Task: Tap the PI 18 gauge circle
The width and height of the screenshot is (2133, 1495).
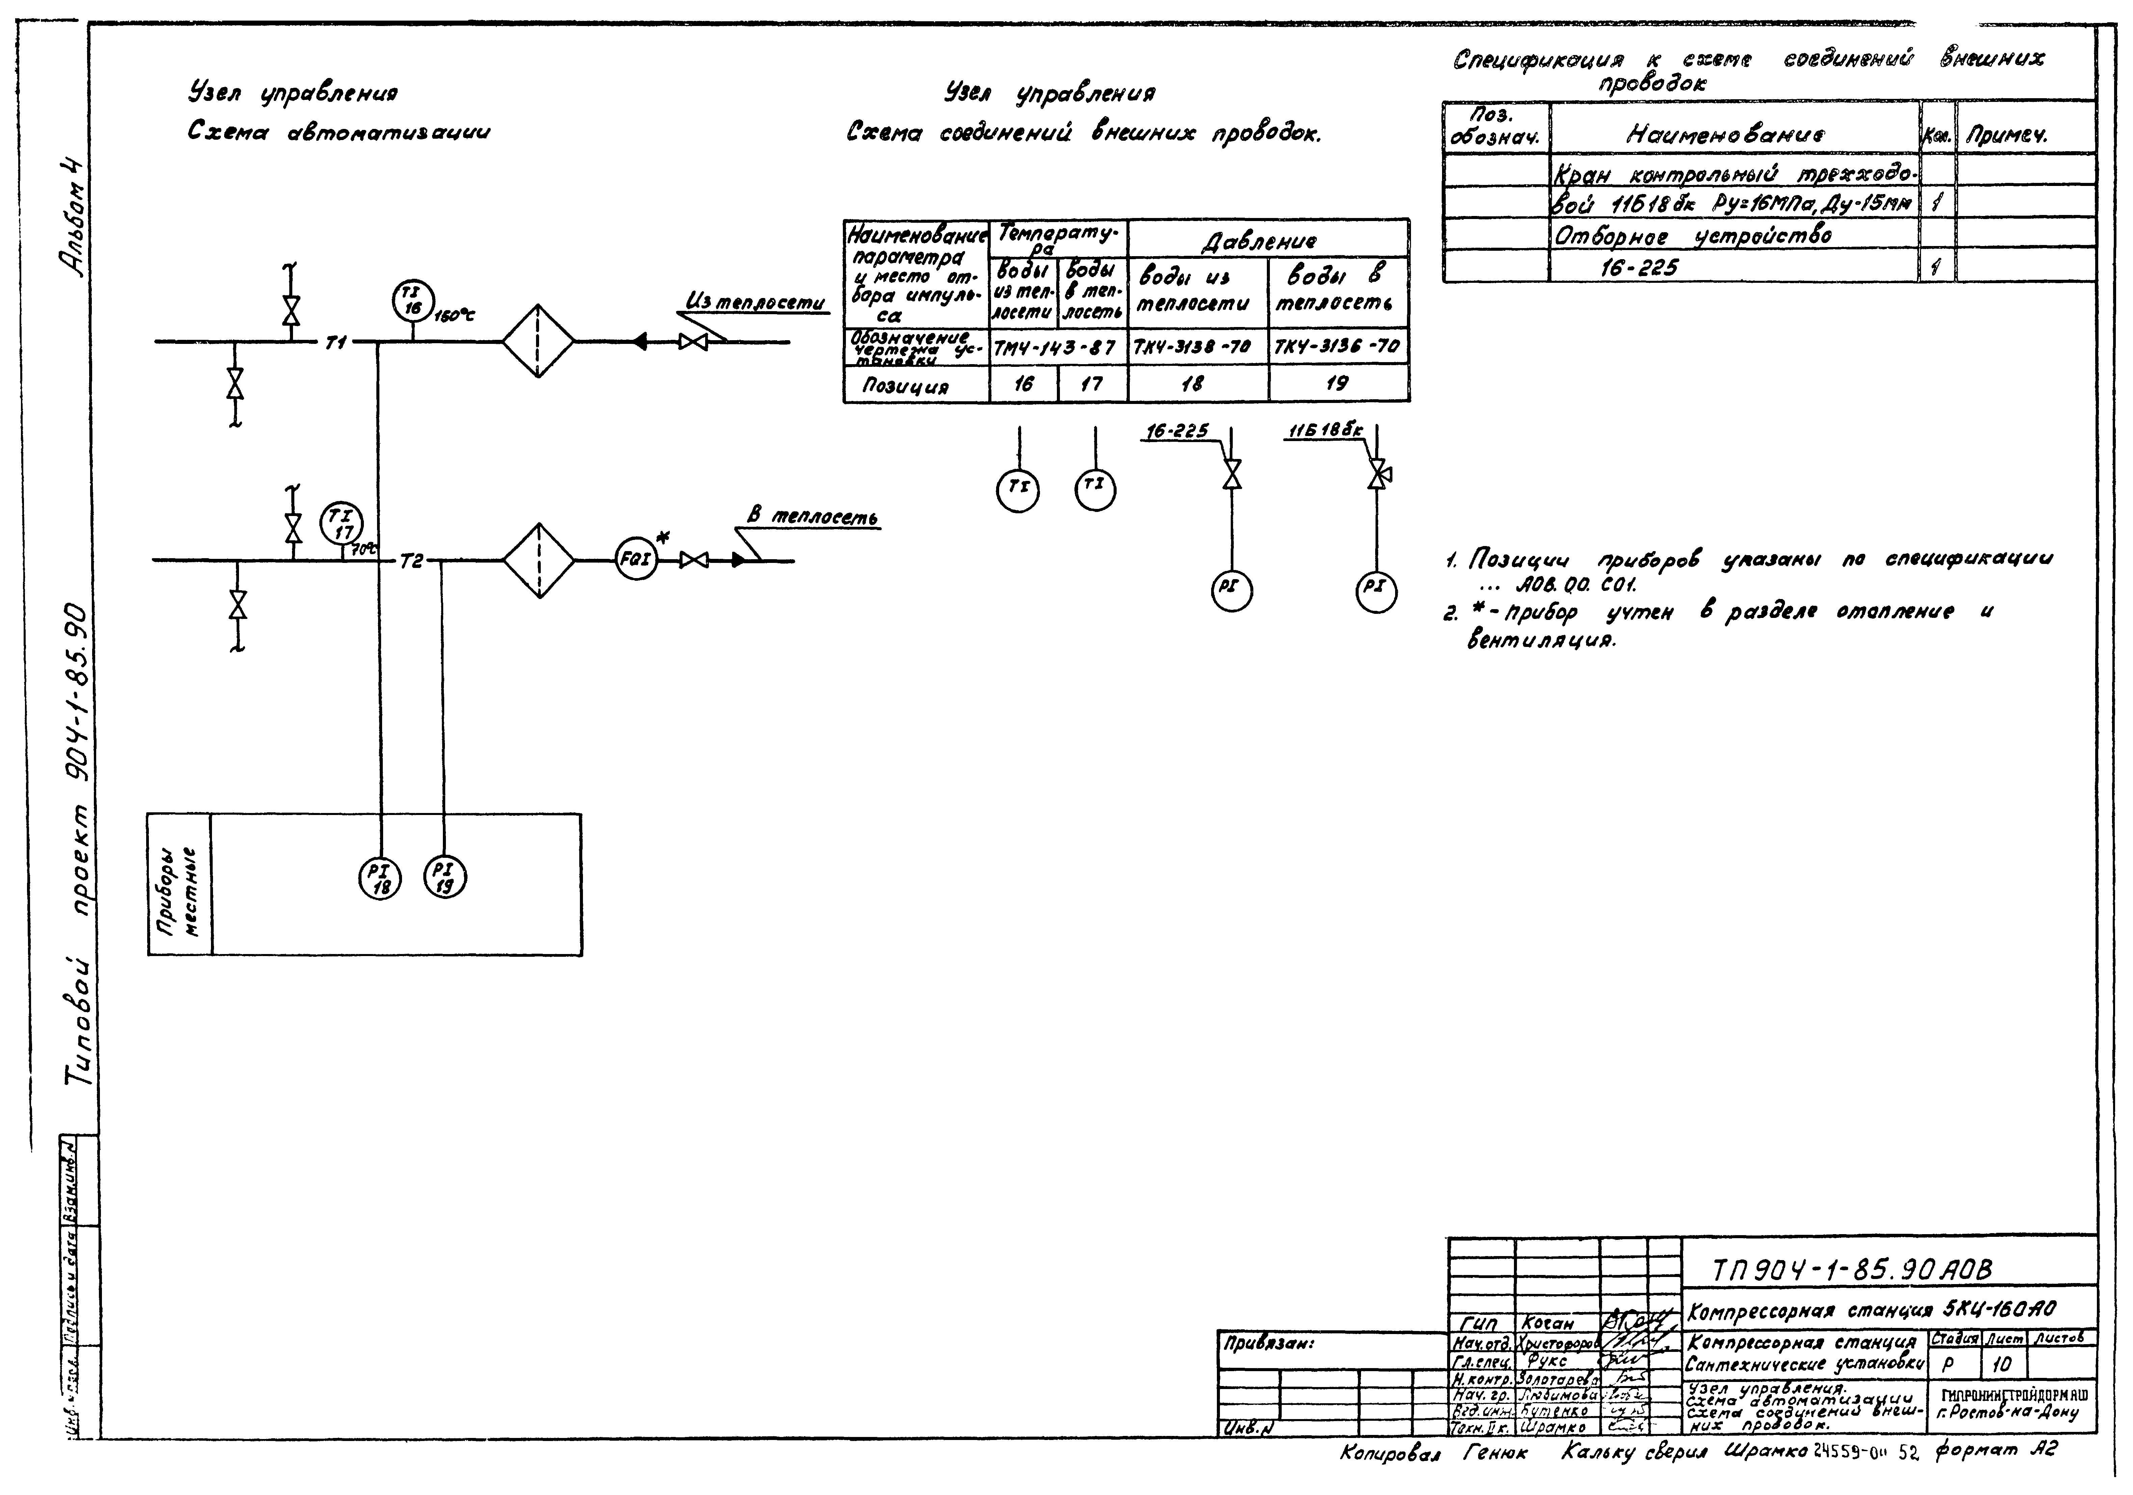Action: (380, 877)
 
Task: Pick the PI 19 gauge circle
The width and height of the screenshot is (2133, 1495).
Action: (445, 877)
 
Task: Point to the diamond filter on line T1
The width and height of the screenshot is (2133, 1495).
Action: (539, 342)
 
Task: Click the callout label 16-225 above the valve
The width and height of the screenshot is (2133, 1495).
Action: (1177, 431)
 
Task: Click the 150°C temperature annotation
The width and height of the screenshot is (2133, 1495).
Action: (454, 316)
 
